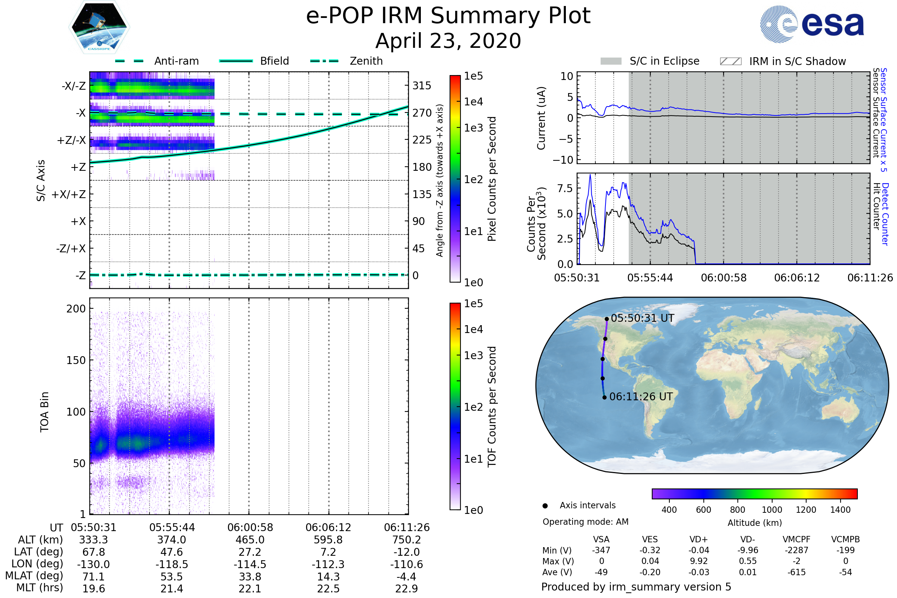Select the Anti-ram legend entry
point(176,61)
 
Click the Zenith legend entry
point(366,61)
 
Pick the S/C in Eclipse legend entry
point(664,61)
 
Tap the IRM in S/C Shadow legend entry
point(797,61)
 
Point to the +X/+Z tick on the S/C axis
point(69,194)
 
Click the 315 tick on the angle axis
point(422,86)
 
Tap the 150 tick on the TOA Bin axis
point(76,360)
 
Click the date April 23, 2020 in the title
point(448,41)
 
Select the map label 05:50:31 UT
point(642,318)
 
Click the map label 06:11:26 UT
point(641,397)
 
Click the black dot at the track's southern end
point(604,398)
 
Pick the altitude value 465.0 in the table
point(250,540)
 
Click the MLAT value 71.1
point(93,577)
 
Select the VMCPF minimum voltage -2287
point(796,550)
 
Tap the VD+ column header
point(699,540)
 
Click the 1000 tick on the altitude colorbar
point(772,510)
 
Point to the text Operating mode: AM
point(585,522)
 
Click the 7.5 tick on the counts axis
point(565,188)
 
